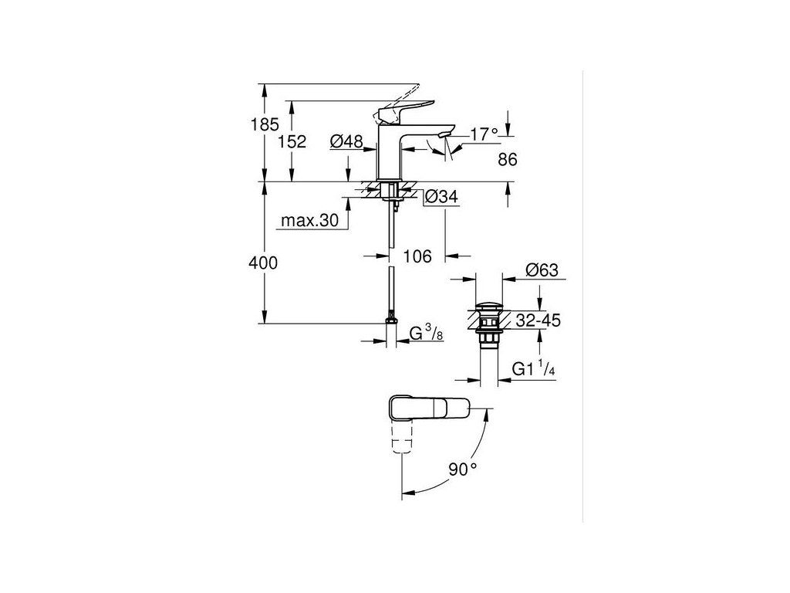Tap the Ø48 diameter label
click(346, 141)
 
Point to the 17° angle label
click(484, 134)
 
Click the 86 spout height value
click(507, 160)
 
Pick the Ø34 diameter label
click(441, 198)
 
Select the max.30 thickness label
click(309, 221)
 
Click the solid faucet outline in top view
click(428, 407)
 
